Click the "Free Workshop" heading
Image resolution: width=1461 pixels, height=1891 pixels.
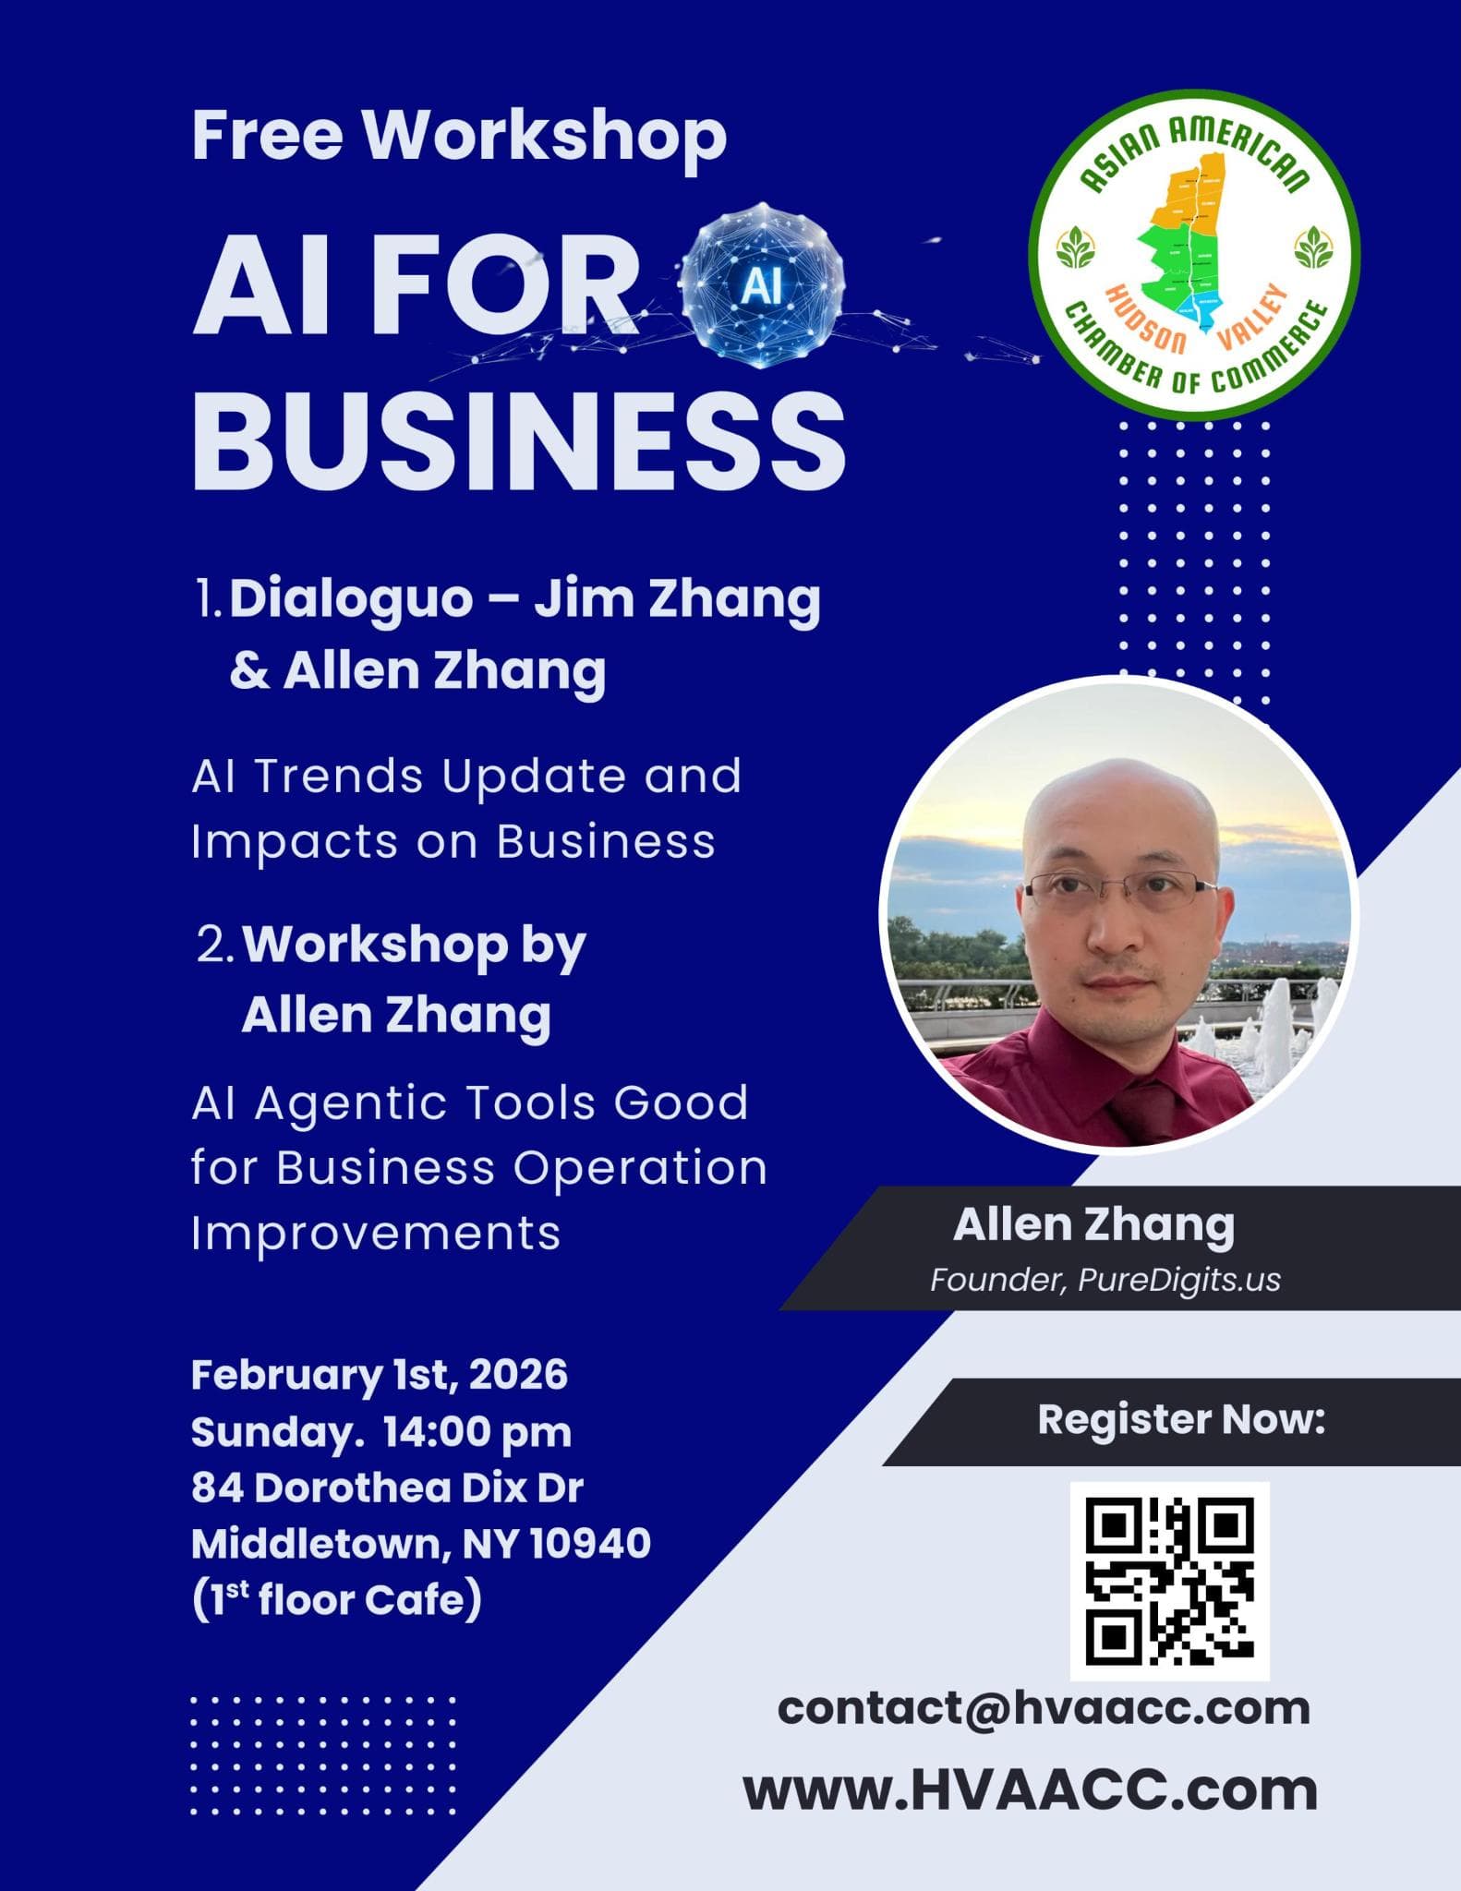point(459,137)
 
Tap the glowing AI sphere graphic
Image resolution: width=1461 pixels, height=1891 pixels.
point(761,286)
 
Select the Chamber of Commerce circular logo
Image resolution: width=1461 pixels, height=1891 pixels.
point(1193,255)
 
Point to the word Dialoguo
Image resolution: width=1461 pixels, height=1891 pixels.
point(351,600)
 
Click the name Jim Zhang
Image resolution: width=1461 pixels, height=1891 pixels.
point(677,600)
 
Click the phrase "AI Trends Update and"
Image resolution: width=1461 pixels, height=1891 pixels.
point(466,776)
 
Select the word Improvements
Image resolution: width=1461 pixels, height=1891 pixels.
point(376,1234)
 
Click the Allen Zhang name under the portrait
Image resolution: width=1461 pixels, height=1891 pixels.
point(1093,1226)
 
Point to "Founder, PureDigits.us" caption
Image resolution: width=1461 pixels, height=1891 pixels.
point(1105,1281)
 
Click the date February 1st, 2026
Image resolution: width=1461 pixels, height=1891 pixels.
point(380,1375)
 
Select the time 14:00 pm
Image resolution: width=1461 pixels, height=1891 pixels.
point(477,1433)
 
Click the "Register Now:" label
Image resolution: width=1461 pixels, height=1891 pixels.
point(1181,1420)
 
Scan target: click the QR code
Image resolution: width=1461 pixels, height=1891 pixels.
point(1170,1581)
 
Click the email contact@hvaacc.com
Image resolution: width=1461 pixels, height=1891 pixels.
point(1044,1709)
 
